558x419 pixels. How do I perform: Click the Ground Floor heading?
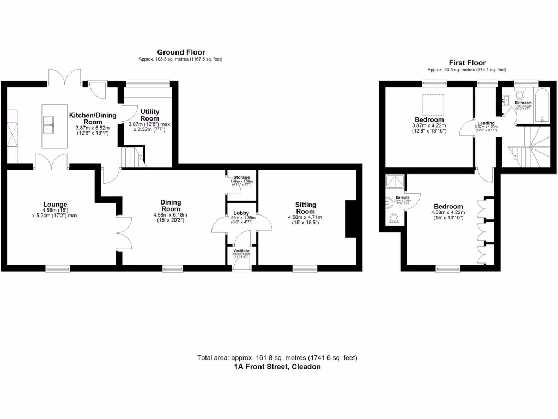pos(180,52)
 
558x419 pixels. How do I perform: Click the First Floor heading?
pos(467,63)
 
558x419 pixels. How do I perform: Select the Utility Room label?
pos(150,115)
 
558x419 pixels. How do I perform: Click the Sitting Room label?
pos(305,208)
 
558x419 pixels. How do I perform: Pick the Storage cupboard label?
pos(241,178)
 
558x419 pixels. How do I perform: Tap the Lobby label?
pos(241,213)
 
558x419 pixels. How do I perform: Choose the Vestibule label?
pos(241,250)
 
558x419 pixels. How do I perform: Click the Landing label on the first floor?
pos(486,123)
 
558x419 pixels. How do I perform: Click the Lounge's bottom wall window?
pos(57,268)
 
